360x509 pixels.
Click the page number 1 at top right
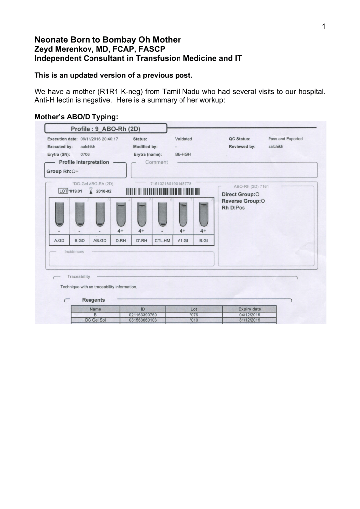(324, 27)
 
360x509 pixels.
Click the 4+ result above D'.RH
(141, 231)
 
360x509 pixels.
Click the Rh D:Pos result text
(233, 208)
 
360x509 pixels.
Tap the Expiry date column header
(249, 309)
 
